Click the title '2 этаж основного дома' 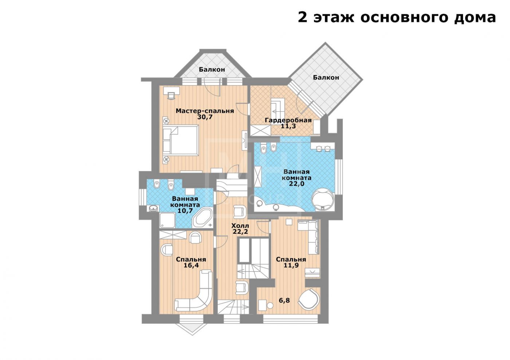(x=397, y=17)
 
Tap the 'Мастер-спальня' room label (x=205, y=111)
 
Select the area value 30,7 (x=205, y=117)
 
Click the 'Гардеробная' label (x=288, y=120)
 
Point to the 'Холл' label (x=240, y=226)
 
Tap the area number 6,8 (x=285, y=300)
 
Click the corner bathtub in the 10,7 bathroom (x=203, y=217)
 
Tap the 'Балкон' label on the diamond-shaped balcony (x=326, y=78)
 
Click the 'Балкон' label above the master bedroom (x=212, y=70)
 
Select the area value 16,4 (x=191, y=265)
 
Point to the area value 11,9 (x=291, y=265)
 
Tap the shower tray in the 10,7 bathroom (x=167, y=220)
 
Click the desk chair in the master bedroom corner (x=171, y=95)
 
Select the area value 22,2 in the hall (x=240, y=232)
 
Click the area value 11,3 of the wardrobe (x=288, y=126)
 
